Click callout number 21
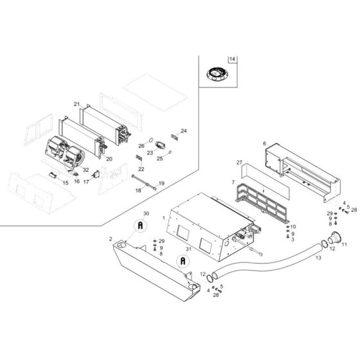coord(76,104)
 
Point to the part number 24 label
coord(183,130)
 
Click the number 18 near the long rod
coord(138,190)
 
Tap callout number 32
coord(85,170)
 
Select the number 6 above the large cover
coord(264,143)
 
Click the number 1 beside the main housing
coord(164,219)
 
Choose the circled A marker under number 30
coord(139,226)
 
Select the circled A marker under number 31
coord(183,261)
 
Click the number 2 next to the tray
coord(111,238)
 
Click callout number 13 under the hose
coord(317,257)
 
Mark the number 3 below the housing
coord(293,240)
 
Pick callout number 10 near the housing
coord(292,227)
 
